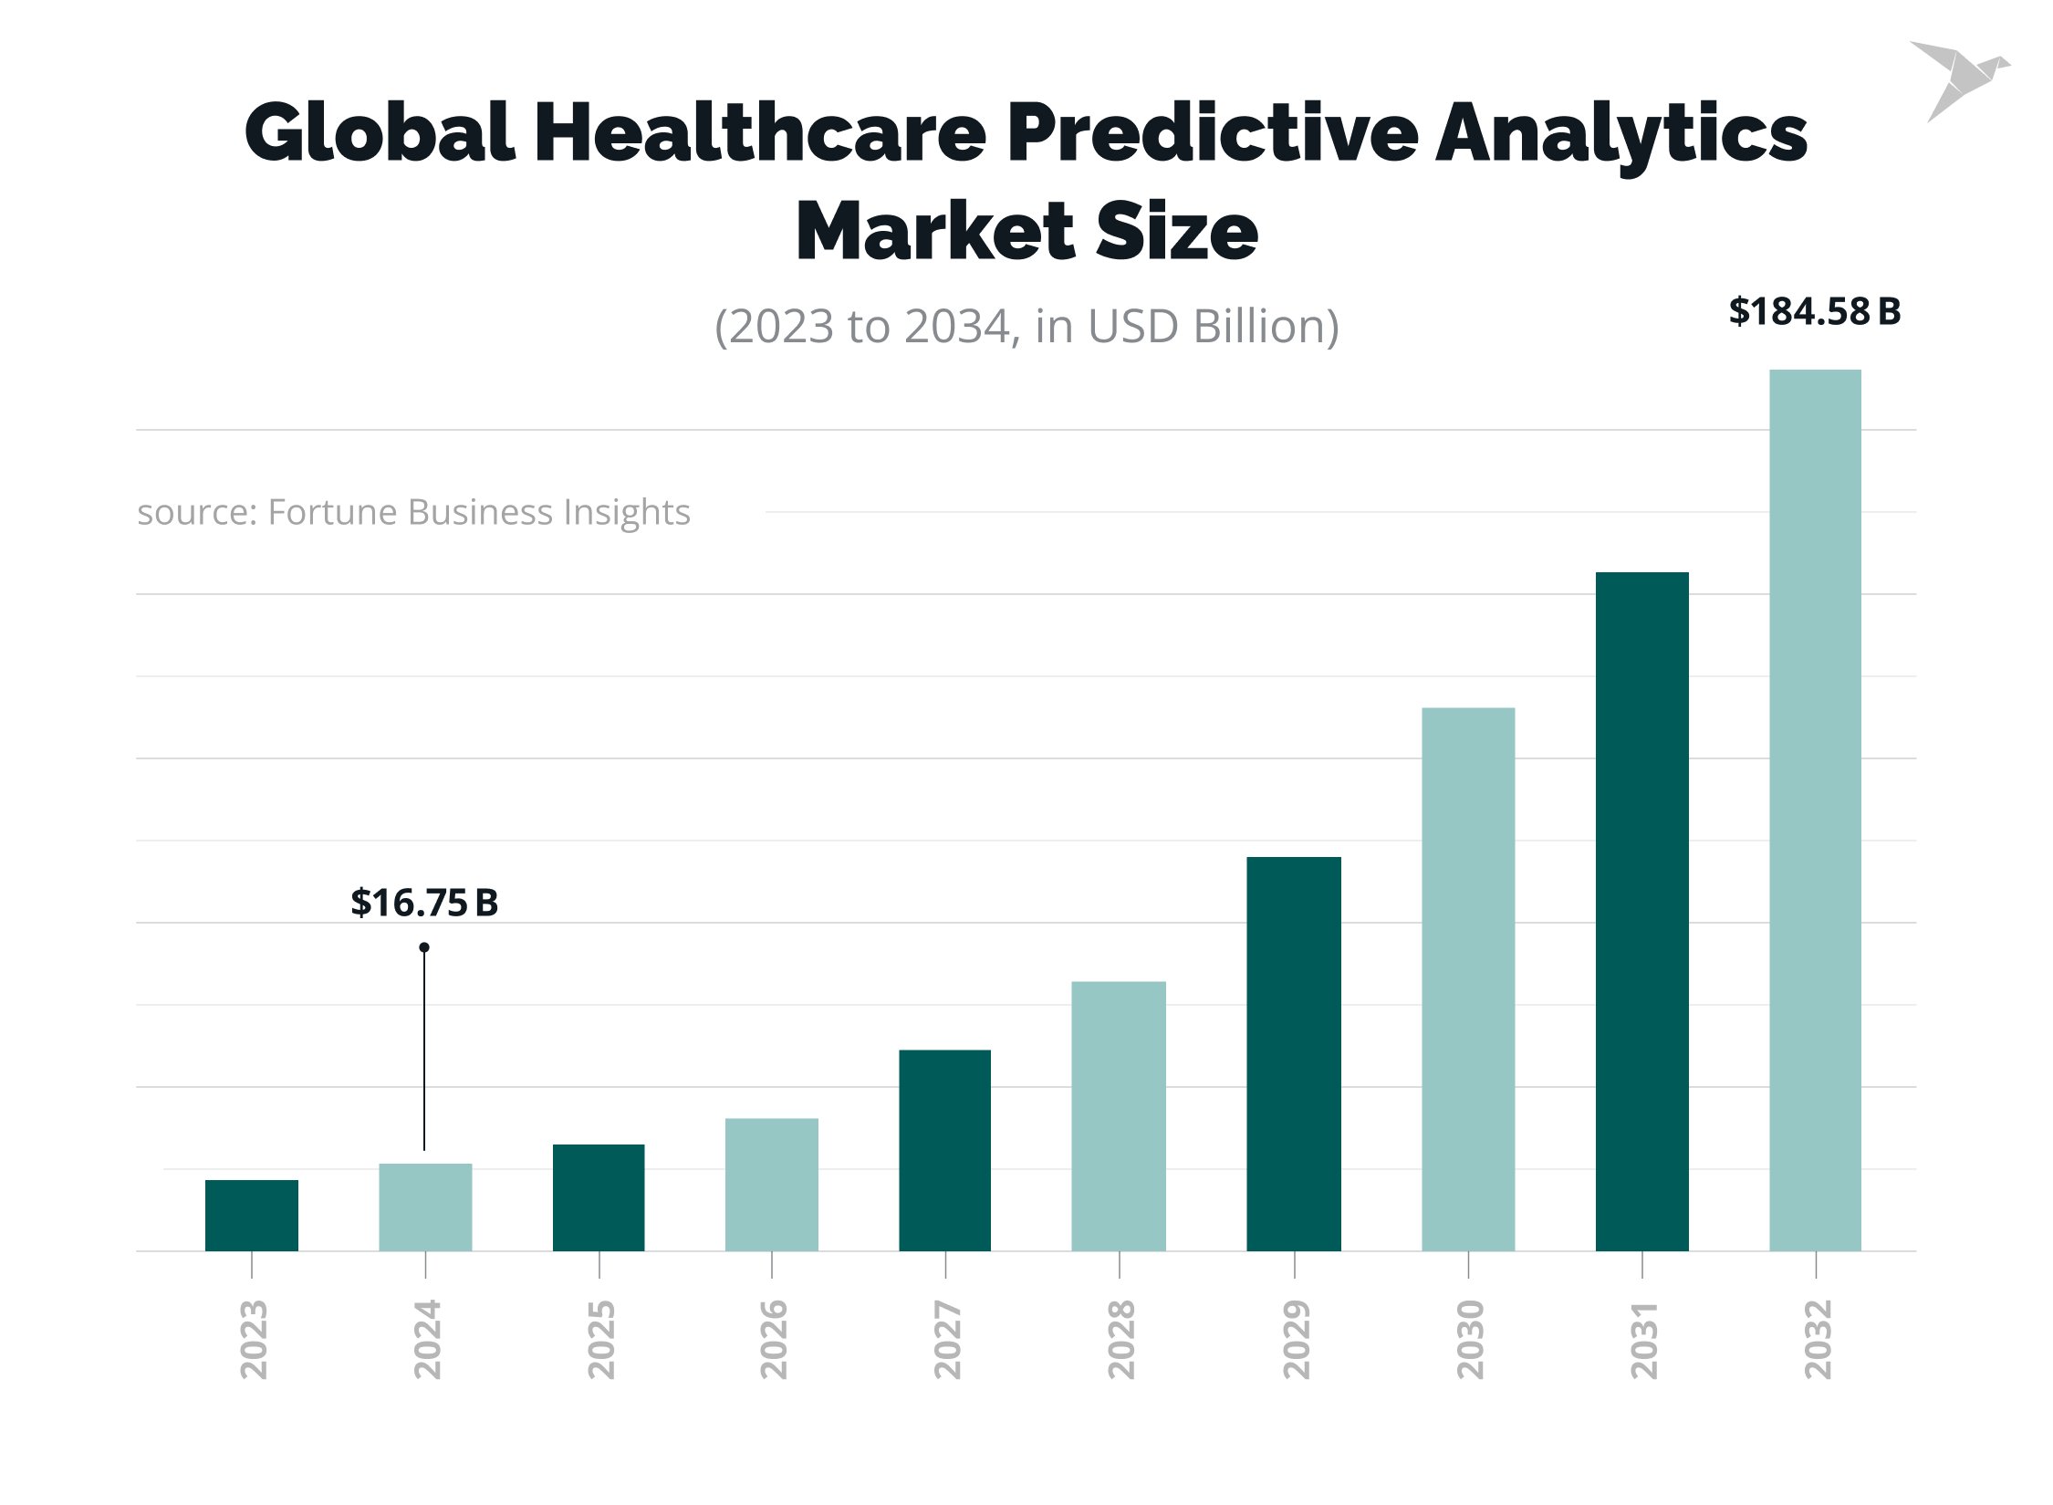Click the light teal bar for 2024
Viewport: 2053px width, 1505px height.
pyautogui.click(x=425, y=1207)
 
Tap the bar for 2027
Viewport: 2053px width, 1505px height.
pyautogui.click(x=944, y=1150)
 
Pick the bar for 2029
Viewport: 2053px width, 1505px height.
pyautogui.click(x=1293, y=1053)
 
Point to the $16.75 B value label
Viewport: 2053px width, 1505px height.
pyautogui.click(x=424, y=903)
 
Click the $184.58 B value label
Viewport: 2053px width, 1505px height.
pyautogui.click(x=1814, y=311)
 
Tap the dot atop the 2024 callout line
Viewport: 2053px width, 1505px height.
pyautogui.click(x=424, y=947)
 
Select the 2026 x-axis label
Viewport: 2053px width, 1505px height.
pyautogui.click(x=773, y=1340)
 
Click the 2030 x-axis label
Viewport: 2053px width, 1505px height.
pyautogui.click(x=1469, y=1340)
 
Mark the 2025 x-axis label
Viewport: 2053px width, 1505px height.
pyautogui.click(x=599, y=1340)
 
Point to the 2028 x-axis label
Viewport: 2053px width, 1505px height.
pyautogui.click(x=1120, y=1340)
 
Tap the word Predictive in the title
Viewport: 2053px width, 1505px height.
pyautogui.click(x=1213, y=133)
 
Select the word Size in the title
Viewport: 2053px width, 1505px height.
pyautogui.click(x=1176, y=232)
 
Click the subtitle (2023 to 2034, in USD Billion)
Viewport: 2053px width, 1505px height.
pyautogui.click(x=1026, y=326)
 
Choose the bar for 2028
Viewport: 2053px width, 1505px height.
pyautogui.click(x=1118, y=1115)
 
